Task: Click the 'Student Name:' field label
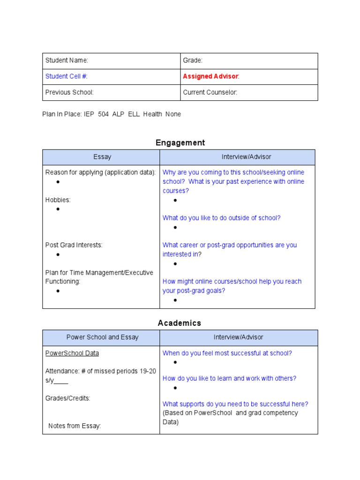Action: pyautogui.click(x=67, y=60)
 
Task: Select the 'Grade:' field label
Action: pyautogui.click(x=193, y=60)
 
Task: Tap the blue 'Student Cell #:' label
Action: pyautogui.click(x=66, y=76)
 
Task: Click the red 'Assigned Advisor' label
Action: pyautogui.click(x=210, y=76)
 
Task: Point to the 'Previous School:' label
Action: pyautogui.click(x=69, y=92)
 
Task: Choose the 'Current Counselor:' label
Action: pyautogui.click(x=210, y=92)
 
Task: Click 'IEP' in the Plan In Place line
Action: pyautogui.click(x=89, y=114)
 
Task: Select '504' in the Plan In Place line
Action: pyautogui.click(x=103, y=114)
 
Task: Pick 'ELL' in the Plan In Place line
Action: pyautogui.click(x=134, y=114)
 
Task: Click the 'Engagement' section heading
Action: pyautogui.click(x=180, y=142)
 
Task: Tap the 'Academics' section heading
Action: pyautogui.click(x=180, y=323)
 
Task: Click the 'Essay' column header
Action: pyautogui.click(x=102, y=157)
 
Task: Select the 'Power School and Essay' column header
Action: pyautogui.click(x=102, y=337)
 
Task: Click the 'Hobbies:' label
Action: pyautogui.click(x=58, y=200)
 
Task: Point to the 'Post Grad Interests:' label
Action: pyautogui.click(x=74, y=245)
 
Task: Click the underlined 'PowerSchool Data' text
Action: pyautogui.click(x=72, y=353)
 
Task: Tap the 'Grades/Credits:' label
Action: pyautogui.click(x=68, y=398)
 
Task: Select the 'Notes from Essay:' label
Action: pyautogui.click(x=75, y=426)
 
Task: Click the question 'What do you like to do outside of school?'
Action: pyautogui.click(x=221, y=218)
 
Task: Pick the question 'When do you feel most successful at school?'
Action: pyautogui.click(x=227, y=353)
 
